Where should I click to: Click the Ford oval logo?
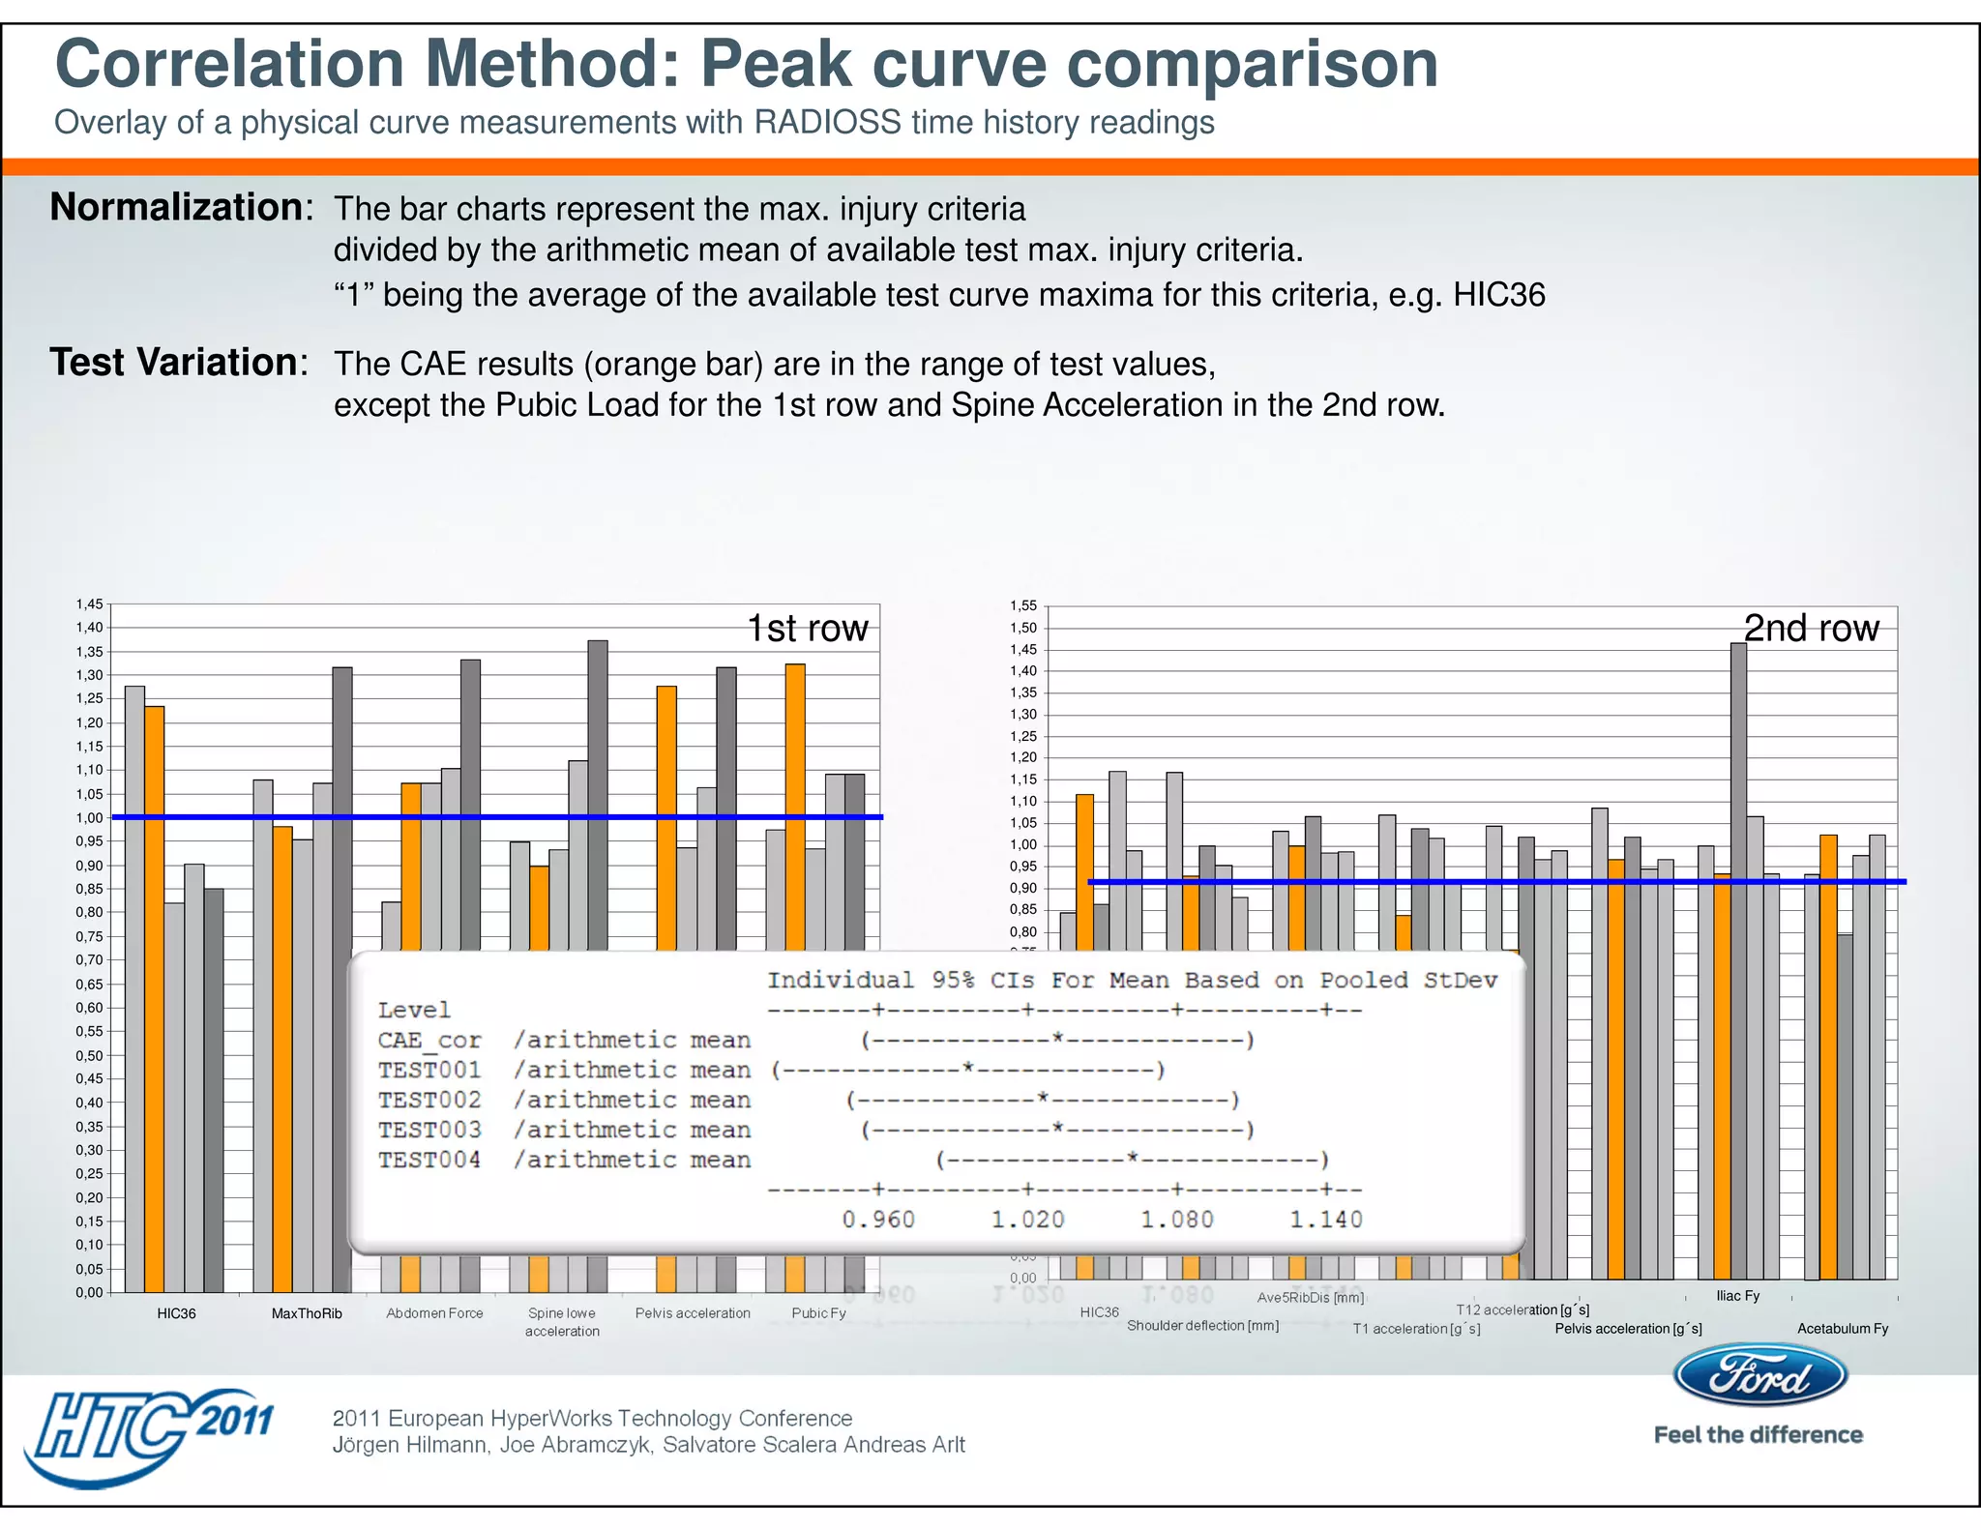(x=1759, y=1375)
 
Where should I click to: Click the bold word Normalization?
(x=176, y=207)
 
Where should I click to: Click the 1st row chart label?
(x=808, y=629)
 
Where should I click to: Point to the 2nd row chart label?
(x=1811, y=629)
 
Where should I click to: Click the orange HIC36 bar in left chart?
(x=155, y=996)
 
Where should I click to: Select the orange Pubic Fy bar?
(x=795, y=803)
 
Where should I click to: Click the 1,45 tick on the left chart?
(x=89, y=604)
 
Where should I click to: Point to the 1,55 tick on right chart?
(x=1022, y=606)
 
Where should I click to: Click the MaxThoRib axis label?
(x=307, y=1313)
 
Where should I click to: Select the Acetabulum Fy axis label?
(x=1842, y=1329)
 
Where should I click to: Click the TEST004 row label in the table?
(x=429, y=1160)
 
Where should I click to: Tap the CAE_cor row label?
(x=429, y=1040)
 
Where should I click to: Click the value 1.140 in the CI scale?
(x=1325, y=1220)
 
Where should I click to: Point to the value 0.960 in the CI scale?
(x=877, y=1220)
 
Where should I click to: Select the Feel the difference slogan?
(x=1758, y=1435)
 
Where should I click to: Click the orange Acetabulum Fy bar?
(x=1828, y=1054)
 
